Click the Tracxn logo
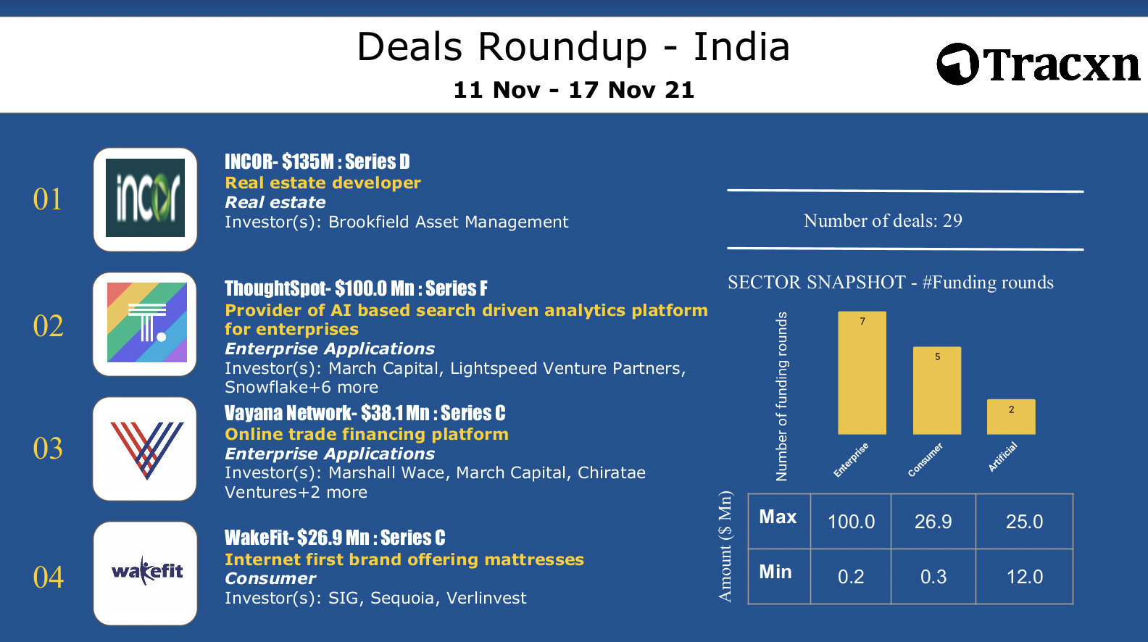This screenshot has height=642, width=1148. (x=1039, y=64)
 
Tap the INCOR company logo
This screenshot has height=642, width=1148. (x=145, y=198)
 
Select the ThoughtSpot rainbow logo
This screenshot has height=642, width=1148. (x=147, y=322)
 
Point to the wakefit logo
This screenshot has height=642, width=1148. (x=147, y=572)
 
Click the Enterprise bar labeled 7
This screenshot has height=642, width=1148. (x=862, y=373)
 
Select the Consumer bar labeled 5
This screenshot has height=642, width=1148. (x=937, y=391)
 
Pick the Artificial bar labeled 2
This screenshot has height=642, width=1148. (x=1011, y=417)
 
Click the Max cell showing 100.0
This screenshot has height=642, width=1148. (x=852, y=522)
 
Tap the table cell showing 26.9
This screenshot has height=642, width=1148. (x=933, y=522)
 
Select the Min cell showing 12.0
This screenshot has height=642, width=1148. (x=1025, y=577)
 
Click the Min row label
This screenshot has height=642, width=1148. (x=775, y=572)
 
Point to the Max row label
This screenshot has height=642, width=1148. (x=778, y=517)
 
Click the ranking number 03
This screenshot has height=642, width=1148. (x=48, y=449)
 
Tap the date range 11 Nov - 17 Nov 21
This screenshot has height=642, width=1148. (x=574, y=90)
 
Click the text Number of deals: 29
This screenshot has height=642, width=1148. (x=883, y=220)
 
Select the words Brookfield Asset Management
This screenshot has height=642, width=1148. (x=449, y=222)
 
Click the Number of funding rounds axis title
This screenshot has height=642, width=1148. (x=781, y=396)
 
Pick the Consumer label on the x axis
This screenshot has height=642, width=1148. (x=925, y=459)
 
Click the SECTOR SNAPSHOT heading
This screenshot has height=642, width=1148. (x=891, y=283)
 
